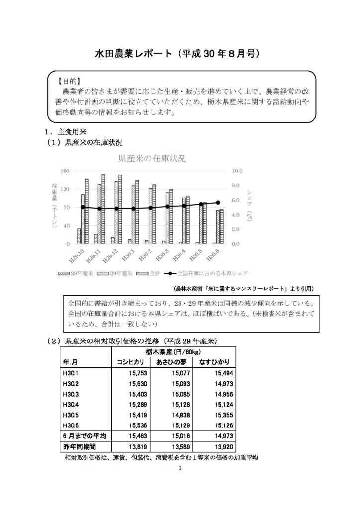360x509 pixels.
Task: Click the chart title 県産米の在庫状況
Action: [x=151, y=159]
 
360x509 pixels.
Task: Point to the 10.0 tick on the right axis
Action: [x=237, y=171]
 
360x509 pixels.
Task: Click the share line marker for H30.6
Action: [x=218, y=202]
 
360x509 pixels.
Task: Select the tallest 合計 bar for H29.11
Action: [x=103, y=209]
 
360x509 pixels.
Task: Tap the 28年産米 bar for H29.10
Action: [x=79, y=236]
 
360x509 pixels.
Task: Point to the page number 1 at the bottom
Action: [x=180, y=468]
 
